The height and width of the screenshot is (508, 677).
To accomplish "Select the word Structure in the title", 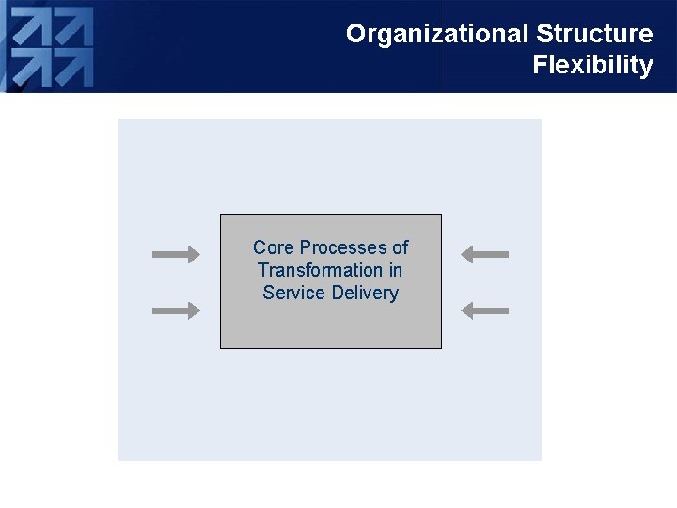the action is click(x=594, y=34).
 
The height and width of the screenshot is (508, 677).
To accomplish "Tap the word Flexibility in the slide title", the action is click(x=592, y=65).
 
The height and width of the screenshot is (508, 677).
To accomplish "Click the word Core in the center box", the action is click(x=273, y=247).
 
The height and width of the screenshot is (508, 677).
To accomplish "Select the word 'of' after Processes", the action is click(x=400, y=247).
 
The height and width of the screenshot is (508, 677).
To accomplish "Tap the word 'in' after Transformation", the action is click(x=396, y=270).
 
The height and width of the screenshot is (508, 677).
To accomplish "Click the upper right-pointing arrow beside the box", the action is click(x=176, y=254).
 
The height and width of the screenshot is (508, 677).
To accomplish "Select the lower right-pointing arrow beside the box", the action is click(x=176, y=310).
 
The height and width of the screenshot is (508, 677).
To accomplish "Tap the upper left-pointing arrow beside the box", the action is click(x=485, y=254).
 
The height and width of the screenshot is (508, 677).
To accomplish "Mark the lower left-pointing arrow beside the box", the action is click(x=485, y=310).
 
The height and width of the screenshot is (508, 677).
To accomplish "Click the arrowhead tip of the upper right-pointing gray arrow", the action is click(x=198, y=254).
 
